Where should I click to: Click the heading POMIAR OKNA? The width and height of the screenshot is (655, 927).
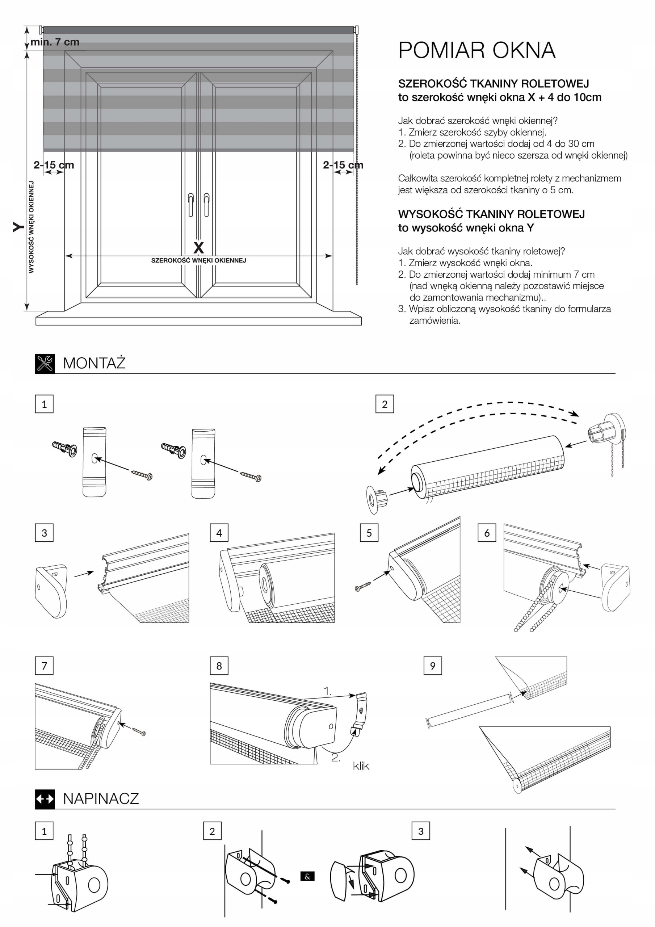point(476,50)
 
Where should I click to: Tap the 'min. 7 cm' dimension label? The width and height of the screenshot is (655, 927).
point(55,42)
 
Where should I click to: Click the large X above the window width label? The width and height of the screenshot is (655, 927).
point(198,247)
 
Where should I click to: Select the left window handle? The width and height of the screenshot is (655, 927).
point(190,204)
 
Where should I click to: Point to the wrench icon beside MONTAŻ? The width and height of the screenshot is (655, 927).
point(45,363)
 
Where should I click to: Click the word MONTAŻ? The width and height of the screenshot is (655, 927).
point(94,363)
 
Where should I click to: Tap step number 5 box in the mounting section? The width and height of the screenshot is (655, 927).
point(369,533)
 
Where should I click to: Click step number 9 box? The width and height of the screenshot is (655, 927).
point(432,666)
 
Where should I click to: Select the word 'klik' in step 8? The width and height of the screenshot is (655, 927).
point(361,766)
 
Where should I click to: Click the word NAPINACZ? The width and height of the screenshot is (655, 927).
point(101,798)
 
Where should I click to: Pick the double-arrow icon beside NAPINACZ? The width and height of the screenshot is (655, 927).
point(45,798)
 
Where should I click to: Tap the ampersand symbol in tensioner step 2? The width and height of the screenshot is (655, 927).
point(307,876)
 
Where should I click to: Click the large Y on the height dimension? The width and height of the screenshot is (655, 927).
point(18,227)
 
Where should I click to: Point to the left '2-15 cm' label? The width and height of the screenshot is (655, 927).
point(54,165)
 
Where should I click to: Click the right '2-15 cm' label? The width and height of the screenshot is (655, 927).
point(343,165)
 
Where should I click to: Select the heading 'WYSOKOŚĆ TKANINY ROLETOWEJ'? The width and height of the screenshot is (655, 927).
point(491,214)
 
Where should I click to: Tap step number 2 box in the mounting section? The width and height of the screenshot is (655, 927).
point(385,404)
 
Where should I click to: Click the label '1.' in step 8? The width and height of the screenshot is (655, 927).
point(327,691)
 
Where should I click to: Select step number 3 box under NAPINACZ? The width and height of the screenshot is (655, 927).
point(421,831)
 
